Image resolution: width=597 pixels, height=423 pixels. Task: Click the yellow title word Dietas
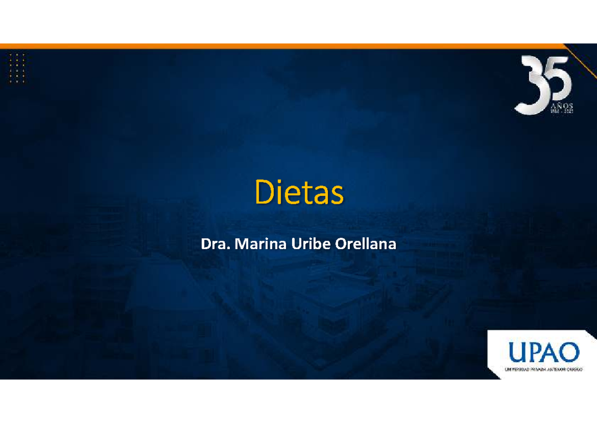tap(299, 193)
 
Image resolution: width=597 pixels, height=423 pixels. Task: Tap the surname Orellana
tap(366, 244)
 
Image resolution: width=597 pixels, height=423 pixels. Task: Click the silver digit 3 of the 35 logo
tap(532, 85)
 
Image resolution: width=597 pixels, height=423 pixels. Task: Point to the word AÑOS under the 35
tap(562, 106)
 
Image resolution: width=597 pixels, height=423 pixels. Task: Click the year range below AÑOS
tap(562, 112)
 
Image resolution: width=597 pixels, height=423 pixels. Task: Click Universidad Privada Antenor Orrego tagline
tap(542, 369)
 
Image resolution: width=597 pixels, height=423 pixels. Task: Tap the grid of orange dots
tap(17, 68)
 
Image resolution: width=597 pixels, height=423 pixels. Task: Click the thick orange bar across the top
tap(279, 46)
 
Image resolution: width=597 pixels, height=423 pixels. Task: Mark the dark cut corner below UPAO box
tap(592, 376)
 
